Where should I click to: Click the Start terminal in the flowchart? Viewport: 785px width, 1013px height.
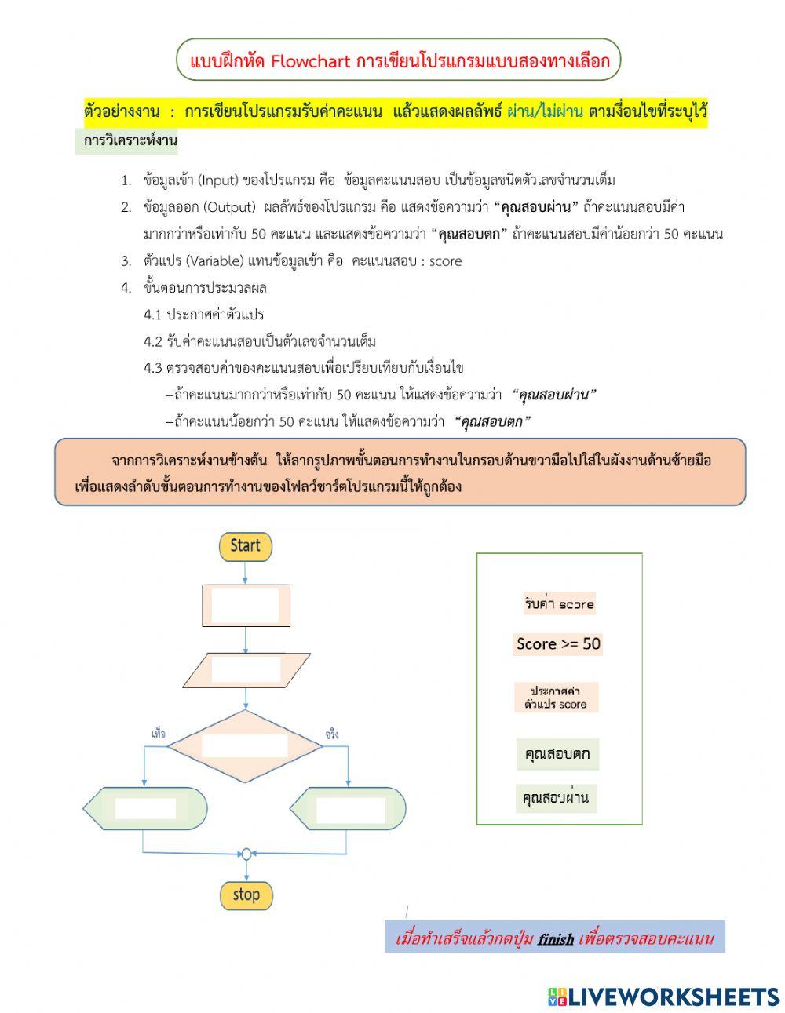[x=245, y=545]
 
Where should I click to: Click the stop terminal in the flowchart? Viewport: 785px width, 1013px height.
[x=246, y=895]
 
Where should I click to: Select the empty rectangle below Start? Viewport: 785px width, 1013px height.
[x=246, y=605]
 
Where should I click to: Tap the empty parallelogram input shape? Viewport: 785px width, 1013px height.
[x=246, y=669]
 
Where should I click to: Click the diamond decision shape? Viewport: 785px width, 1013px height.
[x=245, y=746]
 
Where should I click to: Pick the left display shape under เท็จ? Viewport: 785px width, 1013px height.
[x=145, y=808]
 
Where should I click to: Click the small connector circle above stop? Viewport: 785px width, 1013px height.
[x=246, y=854]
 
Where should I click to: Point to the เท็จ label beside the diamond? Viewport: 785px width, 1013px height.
[x=158, y=734]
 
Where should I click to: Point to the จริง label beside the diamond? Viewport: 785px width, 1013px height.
[x=332, y=734]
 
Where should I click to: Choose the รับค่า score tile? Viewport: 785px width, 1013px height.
[x=559, y=604]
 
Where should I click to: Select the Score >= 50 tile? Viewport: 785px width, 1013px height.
[x=558, y=644]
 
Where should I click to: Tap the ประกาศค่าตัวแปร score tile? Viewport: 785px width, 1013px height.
[x=556, y=697]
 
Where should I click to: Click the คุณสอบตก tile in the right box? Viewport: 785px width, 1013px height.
[x=557, y=755]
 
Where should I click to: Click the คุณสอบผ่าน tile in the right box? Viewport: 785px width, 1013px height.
[x=556, y=798]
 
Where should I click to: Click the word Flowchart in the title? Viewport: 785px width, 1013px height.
[x=310, y=61]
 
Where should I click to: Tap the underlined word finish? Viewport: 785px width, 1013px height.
[x=556, y=938]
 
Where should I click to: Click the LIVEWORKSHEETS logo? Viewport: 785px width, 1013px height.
[x=663, y=997]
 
